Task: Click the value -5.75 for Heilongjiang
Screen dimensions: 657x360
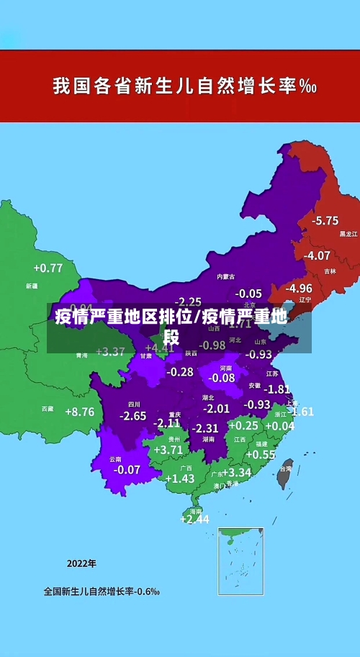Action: [325, 220]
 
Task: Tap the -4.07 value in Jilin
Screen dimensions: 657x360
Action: [317, 255]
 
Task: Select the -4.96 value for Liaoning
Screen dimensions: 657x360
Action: [298, 288]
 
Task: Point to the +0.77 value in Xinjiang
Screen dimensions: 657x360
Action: [48, 268]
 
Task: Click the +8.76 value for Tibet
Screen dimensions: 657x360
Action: [79, 412]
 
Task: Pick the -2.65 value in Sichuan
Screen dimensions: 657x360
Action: [132, 416]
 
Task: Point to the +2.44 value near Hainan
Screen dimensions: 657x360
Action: [194, 519]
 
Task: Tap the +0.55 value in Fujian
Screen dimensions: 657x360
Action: [261, 455]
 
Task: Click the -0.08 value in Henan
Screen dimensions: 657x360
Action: [221, 378]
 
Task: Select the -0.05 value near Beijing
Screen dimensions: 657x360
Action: [248, 294]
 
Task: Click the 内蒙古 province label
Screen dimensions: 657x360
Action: [225, 276]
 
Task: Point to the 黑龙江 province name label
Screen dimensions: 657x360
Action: [348, 234]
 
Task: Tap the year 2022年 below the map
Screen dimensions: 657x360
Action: [81, 563]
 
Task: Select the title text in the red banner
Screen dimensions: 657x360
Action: [185, 87]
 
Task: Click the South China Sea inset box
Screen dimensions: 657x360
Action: [240, 561]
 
